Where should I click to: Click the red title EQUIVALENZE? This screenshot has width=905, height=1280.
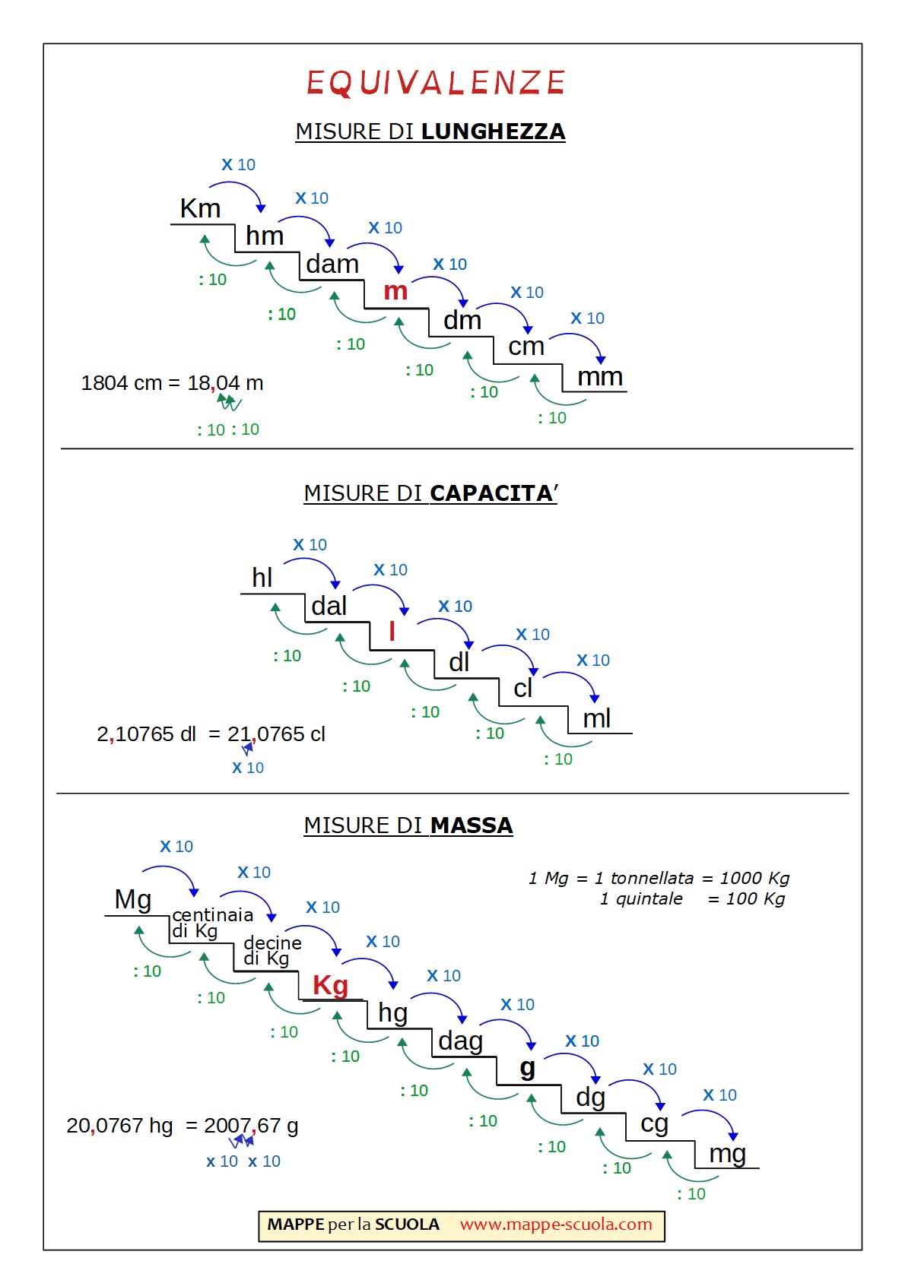(x=436, y=83)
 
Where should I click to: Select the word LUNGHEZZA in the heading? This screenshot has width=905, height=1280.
(x=493, y=131)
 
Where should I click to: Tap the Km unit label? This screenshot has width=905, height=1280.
(x=200, y=208)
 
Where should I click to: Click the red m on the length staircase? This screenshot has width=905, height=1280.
(x=395, y=290)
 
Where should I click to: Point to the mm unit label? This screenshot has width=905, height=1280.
(x=600, y=376)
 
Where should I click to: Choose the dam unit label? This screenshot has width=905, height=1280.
(x=332, y=264)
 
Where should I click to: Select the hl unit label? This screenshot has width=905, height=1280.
(x=262, y=578)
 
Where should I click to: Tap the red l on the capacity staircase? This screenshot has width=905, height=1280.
(x=392, y=632)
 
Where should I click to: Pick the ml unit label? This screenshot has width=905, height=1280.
(x=597, y=718)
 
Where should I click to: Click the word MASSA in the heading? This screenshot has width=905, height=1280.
(x=472, y=825)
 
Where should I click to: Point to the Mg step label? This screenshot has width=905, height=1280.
(x=133, y=899)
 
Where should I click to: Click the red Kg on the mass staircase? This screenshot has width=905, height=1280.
(x=331, y=985)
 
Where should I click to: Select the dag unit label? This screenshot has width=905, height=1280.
(x=460, y=1041)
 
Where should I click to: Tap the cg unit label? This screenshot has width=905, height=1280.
(x=654, y=1123)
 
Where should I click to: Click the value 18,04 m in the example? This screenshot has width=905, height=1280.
(x=226, y=383)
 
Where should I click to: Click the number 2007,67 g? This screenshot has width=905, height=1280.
(x=251, y=1126)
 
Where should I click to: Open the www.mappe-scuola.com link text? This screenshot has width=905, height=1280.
(x=556, y=1225)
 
